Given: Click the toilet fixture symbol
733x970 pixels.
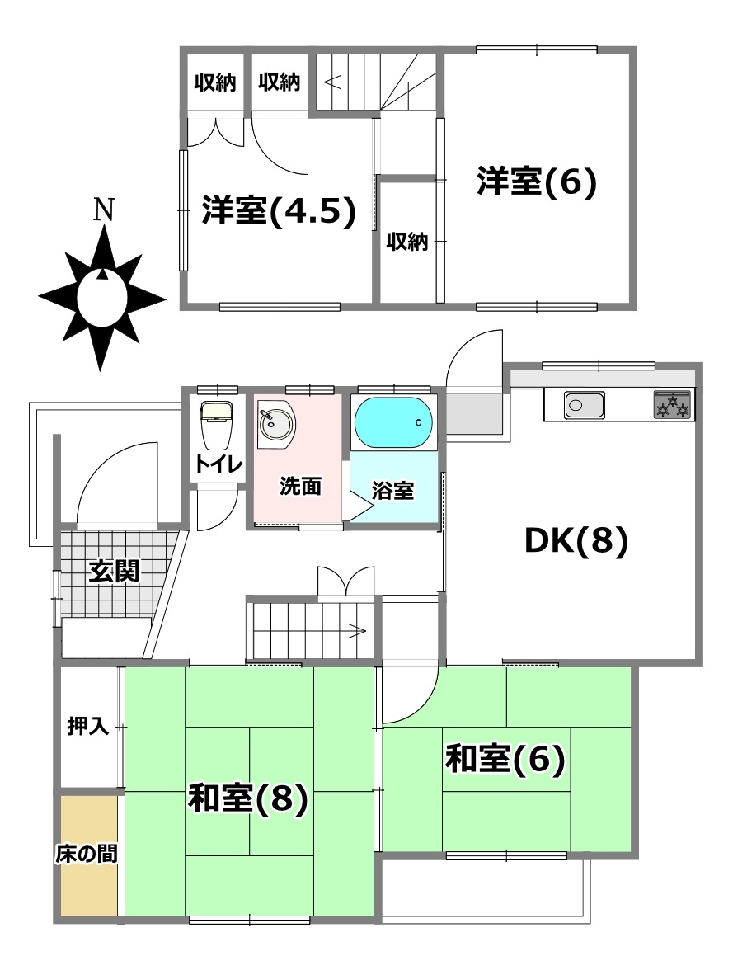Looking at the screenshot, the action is click(216, 424).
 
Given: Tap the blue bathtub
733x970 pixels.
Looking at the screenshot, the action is click(392, 422).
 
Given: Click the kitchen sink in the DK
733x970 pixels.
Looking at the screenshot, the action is click(584, 406).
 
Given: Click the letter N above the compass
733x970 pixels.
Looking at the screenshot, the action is click(103, 211).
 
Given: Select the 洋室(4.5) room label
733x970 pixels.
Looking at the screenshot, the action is click(279, 211).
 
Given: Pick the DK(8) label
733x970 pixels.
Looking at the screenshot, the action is click(576, 541).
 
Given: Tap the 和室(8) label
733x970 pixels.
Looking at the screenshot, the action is click(248, 798).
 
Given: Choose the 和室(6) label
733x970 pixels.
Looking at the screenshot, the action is click(505, 759).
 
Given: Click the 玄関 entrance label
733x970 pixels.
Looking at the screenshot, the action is click(114, 572).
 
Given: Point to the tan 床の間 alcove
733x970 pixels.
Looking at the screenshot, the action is click(89, 855).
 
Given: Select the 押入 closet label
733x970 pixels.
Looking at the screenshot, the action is click(88, 726).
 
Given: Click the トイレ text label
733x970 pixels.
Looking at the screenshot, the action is click(218, 464).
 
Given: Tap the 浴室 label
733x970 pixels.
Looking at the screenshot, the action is click(392, 491).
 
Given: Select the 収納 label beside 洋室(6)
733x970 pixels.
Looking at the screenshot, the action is click(407, 241).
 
